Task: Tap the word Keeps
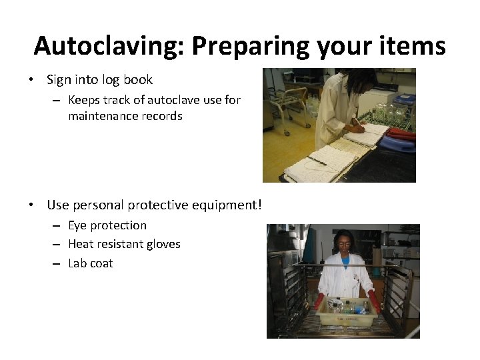(84, 100)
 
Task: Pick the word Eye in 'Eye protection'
(77, 225)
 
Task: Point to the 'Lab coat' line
(91, 263)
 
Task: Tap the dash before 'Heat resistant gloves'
(58, 245)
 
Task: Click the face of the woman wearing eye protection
(344, 244)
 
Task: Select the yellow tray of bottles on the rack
(344, 311)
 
